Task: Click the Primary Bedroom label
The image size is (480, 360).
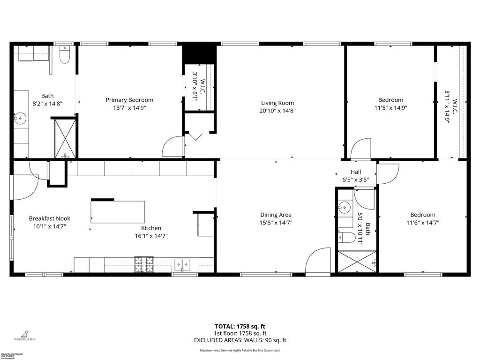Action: [x=129, y=100]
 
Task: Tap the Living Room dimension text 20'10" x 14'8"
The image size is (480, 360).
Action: [x=277, y=111]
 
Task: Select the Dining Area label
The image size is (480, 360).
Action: [x=276, y=215]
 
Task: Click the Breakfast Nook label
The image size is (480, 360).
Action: [x=50, y=218]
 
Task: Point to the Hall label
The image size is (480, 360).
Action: [x=356, y=172]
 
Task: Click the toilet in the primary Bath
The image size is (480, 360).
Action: [x=65, y=55]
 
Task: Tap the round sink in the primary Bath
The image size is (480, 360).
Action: [x=20, y=117]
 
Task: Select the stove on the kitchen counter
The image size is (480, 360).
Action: [x=143, y=264]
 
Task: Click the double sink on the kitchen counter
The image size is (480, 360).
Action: [x=183, y=265]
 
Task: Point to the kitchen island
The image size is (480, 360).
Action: [x=118, y=212]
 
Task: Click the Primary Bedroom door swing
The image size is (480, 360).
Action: [x=172, y=146]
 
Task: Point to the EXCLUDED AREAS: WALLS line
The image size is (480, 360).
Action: [x=240, y=340]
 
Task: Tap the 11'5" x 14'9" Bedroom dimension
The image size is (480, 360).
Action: [x=390, y=108]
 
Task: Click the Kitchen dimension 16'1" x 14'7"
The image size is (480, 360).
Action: [x=151, y=236]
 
